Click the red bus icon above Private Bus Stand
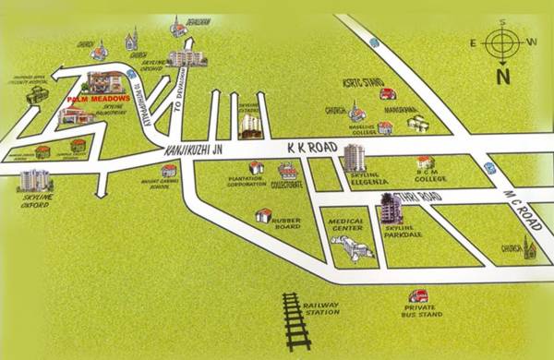point(419,296)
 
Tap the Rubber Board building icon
point(264,216)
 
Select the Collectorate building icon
point(289,171)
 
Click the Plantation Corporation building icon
point(257,167)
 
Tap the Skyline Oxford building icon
point(35,179)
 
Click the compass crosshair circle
point(502,42)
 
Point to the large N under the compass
point(502,77)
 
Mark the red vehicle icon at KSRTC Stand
point(388,93)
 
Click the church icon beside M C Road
point(529,247)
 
